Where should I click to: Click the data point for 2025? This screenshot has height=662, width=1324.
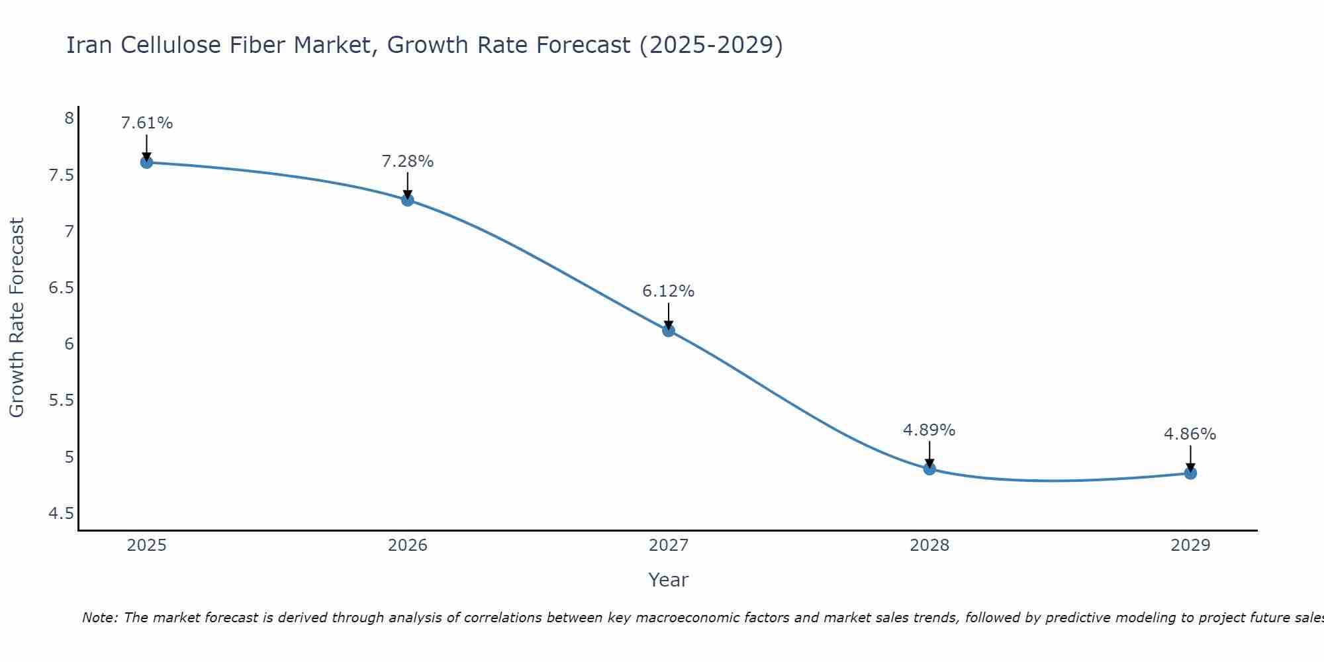pos(147,162)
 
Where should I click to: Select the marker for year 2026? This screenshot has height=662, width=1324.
pos(408,200)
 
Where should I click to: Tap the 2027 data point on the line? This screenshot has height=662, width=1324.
pos(669,330)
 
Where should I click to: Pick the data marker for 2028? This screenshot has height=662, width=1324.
pos(929,469)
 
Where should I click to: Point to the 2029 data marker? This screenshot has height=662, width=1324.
pos(1190,473)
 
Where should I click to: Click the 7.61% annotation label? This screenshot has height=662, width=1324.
pos(147,123)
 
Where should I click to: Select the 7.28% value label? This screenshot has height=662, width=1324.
pos(408,162)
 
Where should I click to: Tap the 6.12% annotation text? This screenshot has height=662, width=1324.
pos(669,291)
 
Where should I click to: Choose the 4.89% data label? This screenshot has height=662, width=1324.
pos(929,430)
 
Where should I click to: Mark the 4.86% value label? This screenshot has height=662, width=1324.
pos(1190,434)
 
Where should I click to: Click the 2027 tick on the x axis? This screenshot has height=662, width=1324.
pos(669,545)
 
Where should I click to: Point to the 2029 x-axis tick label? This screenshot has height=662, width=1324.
pos(1190,545)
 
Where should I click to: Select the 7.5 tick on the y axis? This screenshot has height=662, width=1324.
pos(61,175)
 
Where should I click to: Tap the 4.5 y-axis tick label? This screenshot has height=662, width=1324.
pos(61,514)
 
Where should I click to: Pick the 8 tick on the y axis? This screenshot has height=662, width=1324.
pos(69,119)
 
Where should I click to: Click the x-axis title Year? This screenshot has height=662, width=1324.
pos(669,580)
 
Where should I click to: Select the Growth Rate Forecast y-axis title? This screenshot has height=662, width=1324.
pos(17,318)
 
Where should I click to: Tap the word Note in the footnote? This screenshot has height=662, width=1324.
pos(99,618)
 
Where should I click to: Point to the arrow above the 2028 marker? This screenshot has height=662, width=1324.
pos(929,453)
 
